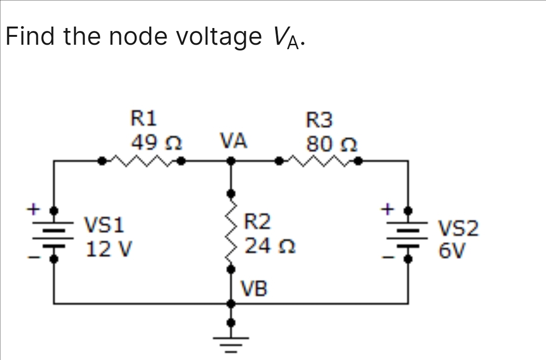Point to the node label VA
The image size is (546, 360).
click(233, 142)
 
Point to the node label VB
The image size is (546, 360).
click(254, 289)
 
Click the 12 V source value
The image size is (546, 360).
click(109, 249)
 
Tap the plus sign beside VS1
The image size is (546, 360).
click(32, 209)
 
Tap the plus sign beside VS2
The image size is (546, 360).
click(389, 209)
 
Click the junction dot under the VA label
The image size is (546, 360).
click(230, 160)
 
